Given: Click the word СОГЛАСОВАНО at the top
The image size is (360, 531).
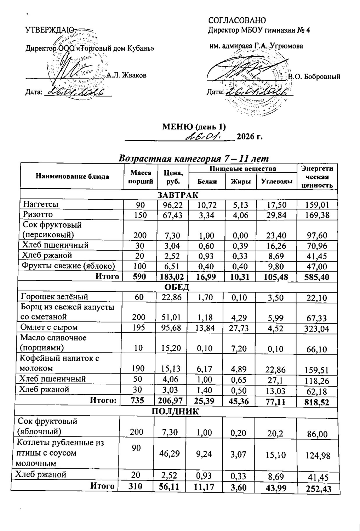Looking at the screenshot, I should pos(237,20).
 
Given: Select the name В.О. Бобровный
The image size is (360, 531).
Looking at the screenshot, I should pos(314,76).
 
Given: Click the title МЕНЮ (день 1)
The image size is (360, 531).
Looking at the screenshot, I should pos(194,126).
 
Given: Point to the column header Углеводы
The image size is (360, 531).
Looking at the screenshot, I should pos(276,182).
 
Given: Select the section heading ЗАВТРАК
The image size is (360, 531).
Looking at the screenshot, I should pos(178,195).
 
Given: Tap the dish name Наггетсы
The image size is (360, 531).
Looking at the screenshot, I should pos(41,204).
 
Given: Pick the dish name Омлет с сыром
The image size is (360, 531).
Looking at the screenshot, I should pos(49,327).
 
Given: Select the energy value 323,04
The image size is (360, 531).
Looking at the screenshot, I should pos(317,329).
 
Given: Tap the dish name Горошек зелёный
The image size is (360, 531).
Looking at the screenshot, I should pos(55,297).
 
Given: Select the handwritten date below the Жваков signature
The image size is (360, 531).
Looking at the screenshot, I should pos(75,92).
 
